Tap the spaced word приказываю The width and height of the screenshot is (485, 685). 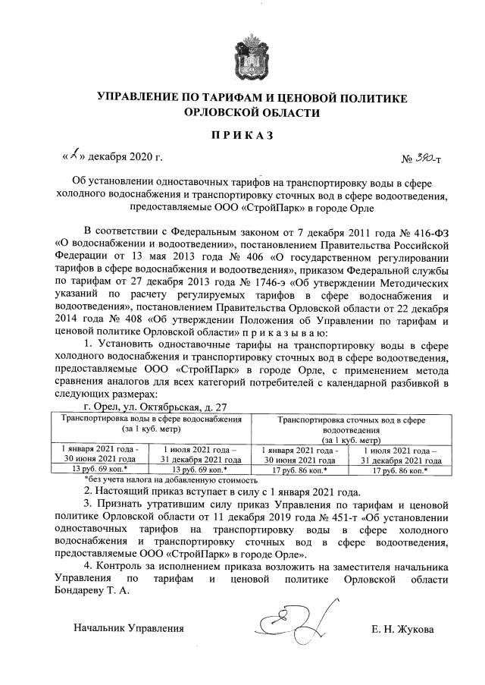286,334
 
